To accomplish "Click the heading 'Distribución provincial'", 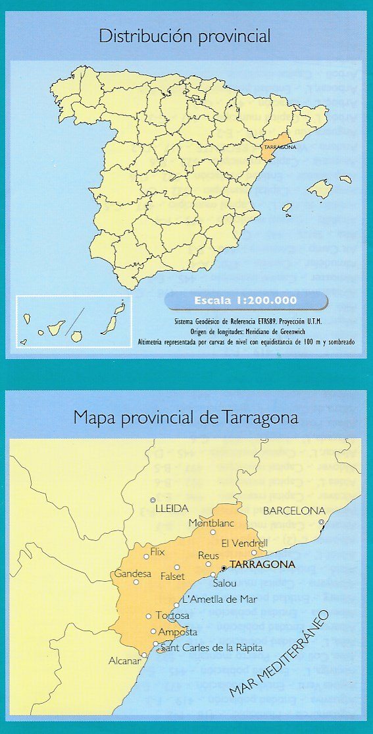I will [185, 36].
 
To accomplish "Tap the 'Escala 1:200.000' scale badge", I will [245, 301].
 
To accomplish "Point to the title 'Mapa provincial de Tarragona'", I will [186, 418].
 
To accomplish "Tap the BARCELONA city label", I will [312, 511].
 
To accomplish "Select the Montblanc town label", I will [211, 523].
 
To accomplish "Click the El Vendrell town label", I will [245, 544].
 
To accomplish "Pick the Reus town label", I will [209, 556].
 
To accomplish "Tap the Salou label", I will [224, 582].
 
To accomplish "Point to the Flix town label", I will [157, 551].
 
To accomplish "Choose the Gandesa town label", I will [132, 573].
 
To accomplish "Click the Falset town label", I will [173, 577].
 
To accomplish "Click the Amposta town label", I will [174, 632].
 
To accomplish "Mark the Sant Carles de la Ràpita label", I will [211, 648].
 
